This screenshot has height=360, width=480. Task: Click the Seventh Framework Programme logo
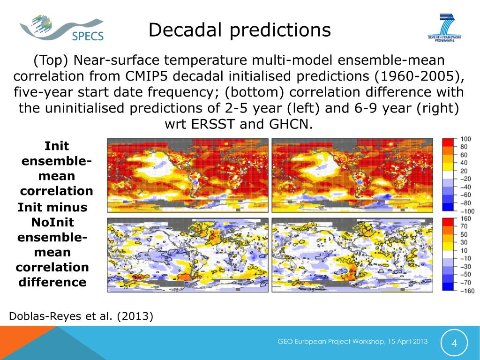pyautogui.click(x=444, y=28)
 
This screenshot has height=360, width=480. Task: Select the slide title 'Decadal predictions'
pyautogui.click(x=240, y=30)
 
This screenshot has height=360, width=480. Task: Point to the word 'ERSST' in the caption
pyautogui.click(x=222, y=125)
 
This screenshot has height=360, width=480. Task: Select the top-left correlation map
pyautogui.click(x=187, y=175)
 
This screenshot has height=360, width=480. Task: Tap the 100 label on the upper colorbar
pyautogui.click(x=466, y=139)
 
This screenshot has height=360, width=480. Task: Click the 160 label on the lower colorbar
pyautogui.click(x=466, y=218)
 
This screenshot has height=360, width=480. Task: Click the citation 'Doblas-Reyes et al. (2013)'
pyautogui.click(x=81, y=316)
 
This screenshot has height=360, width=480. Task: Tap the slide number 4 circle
pyautogui.click(x=454, y=343)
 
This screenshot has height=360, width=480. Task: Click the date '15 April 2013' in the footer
pyautogui.click(x=406, y=342)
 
